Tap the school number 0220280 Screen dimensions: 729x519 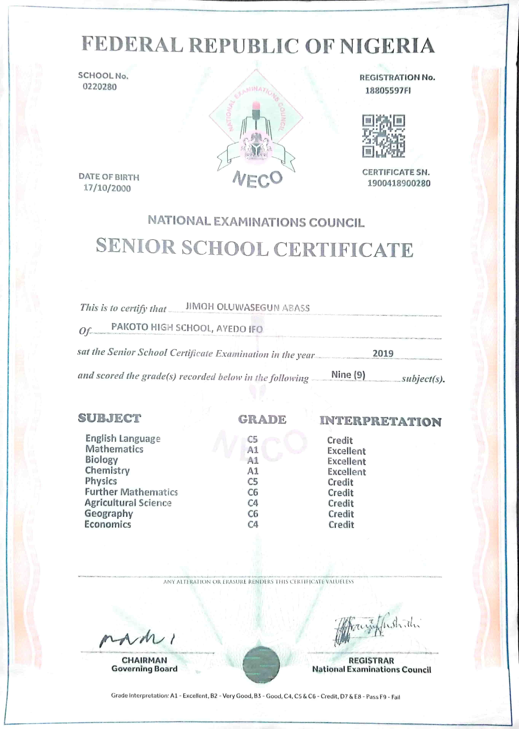coord(100,87)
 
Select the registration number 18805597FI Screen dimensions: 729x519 coord(388,91)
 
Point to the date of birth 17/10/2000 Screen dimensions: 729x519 coord(107,188)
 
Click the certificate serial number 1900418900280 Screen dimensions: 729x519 coord(399,183)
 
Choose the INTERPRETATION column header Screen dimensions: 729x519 coord(380,422)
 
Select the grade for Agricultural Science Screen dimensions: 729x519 coord(253,503)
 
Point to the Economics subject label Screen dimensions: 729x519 coord(108,524)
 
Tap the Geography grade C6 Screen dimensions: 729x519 coord(253,514)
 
